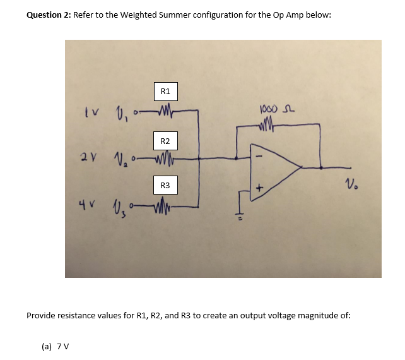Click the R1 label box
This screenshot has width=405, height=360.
pos(165,92)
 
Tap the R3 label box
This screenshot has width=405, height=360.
pos(165,186)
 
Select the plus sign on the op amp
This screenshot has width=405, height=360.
pos(258,188)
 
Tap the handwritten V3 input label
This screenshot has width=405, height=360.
pos(118,205)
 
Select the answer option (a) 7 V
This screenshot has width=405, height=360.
pos(55,346)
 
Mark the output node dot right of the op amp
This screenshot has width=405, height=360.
pos(322,168)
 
